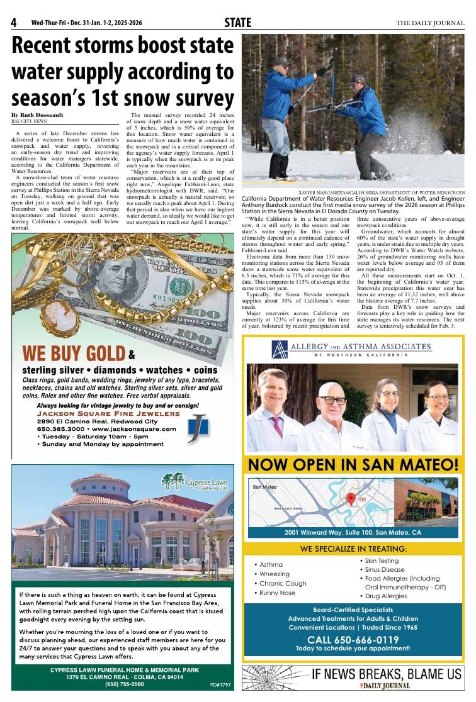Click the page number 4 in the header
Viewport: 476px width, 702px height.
click(x=13, y=23)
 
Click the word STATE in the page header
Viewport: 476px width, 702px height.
click(x=237, y=23)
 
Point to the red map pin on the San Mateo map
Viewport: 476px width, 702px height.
click(x=351, y=498)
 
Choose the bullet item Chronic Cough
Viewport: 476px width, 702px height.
click(x=283, y=583)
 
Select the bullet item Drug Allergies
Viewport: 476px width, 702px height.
click(x=385, y=596)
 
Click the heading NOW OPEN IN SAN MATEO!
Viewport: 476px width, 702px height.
click(x=353, y=465)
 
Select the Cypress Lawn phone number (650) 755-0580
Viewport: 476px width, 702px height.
click(x=124, y=684)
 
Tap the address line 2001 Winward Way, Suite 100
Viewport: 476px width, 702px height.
click(x=353, y=532)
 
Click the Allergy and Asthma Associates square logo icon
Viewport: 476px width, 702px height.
click(x=280, y=349)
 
